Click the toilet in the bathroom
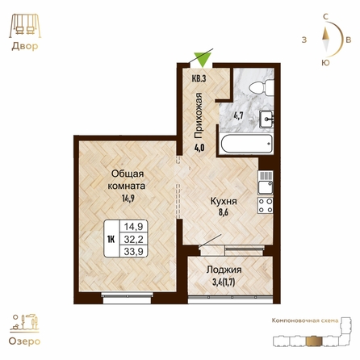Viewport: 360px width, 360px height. pyautogui.click(x=262, y=87)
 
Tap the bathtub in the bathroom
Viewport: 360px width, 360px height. pyautogui.click(x=246, y=144)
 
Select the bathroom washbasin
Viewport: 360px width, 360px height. pyautogui.click(x=266, y=119)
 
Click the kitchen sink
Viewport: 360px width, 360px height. pyautogui.click(x=266, y=182)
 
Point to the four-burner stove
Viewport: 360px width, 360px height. pyautogui.click(x=266, y=205)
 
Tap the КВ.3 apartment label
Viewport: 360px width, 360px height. pyautogui.click(x=199, y=78)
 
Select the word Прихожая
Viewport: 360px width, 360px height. pyautogui.click(x=199, y=115)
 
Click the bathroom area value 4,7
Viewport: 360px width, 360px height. pyautogui.click(x=238, y=116)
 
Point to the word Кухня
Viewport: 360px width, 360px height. pyautogui.click(x=224, y=201)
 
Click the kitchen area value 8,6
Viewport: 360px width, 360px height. pyautogui.click(x=224, y=212)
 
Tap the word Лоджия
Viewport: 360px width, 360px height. pyautogui.click(x=224, y=270)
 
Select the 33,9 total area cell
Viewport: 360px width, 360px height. pyautogui.click(x=133, y=252)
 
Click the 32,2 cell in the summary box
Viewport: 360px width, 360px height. pyautogui.click(x=133, y=239)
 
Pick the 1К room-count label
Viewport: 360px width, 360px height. pyautogui.click(x=111, y=239)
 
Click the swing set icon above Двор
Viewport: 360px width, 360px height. pyautogui.click(x=25, y=26)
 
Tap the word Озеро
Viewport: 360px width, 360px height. pyautogui.click(x=24, y=341)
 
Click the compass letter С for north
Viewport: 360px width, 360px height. pyautogui.click(x=325, y=17)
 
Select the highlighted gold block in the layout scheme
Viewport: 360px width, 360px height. pyautogui.click(x=314, y=341)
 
